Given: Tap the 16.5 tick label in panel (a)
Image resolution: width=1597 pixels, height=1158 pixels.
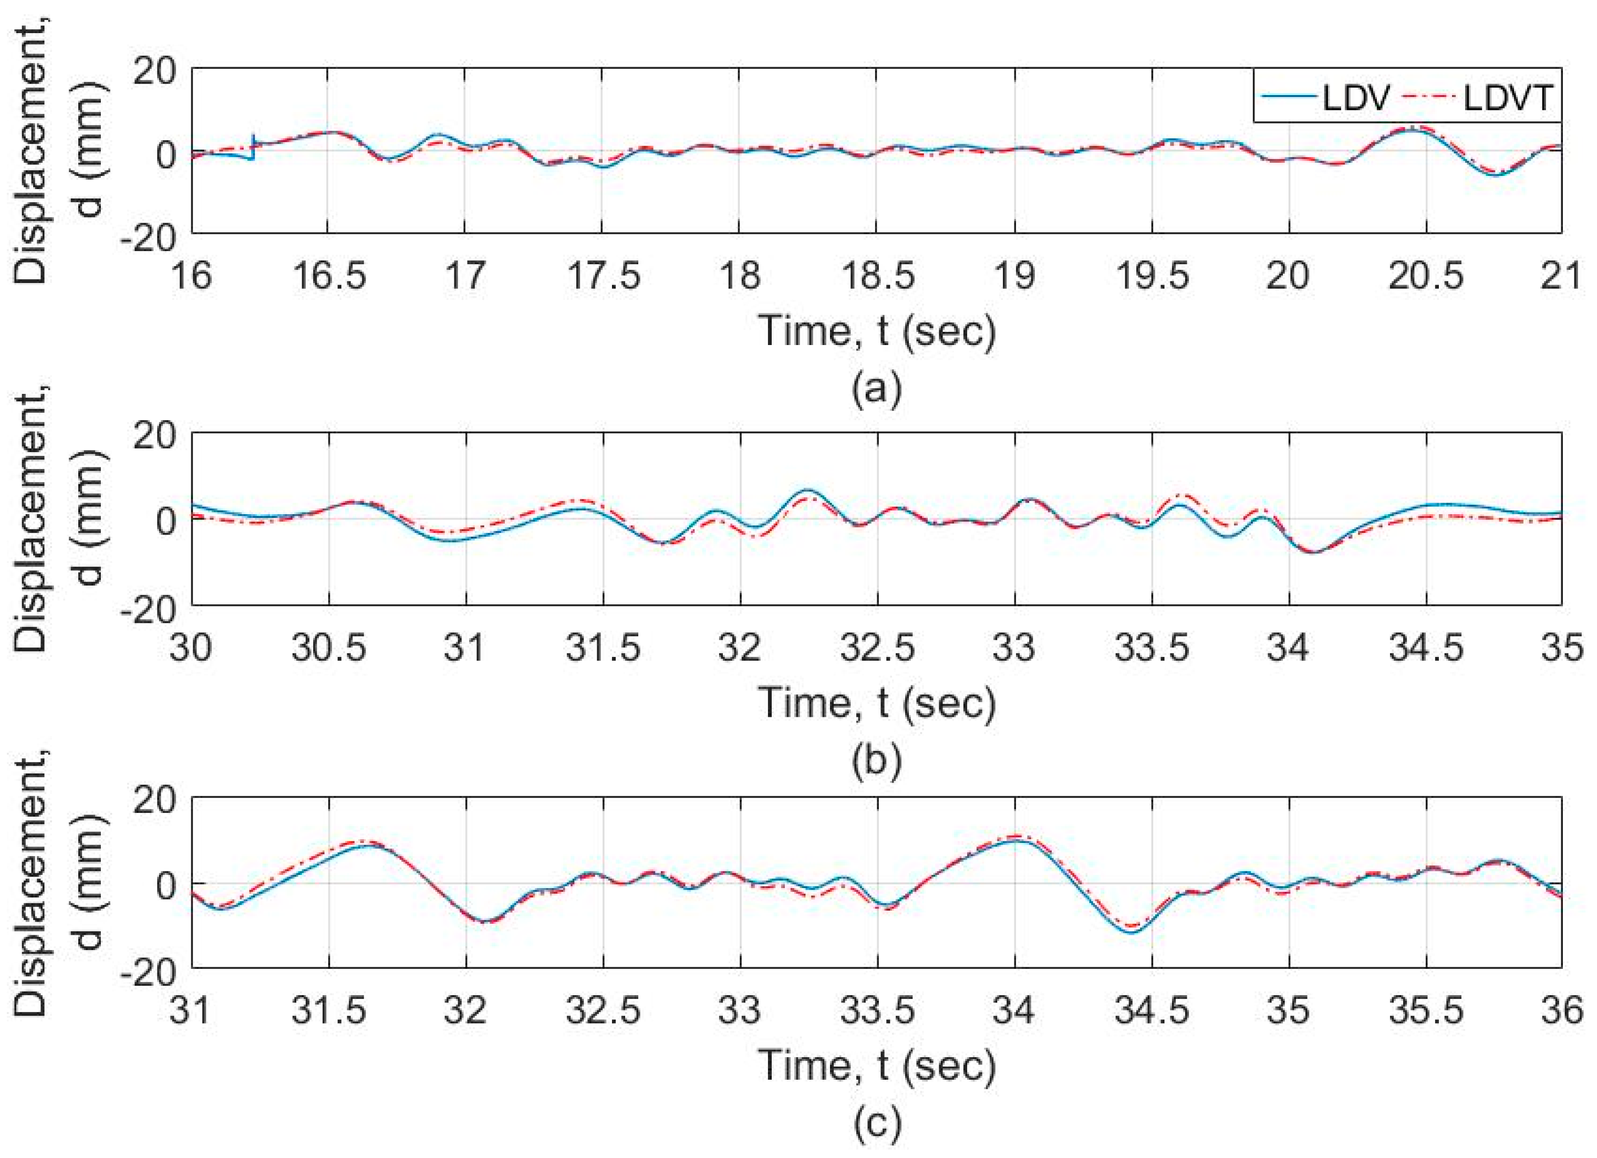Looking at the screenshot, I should (x=329, y=275).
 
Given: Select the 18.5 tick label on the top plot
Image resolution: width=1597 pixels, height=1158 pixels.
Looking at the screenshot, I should (x=878, y=275).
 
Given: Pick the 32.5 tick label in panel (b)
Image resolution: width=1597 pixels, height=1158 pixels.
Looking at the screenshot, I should (x=878, y=647).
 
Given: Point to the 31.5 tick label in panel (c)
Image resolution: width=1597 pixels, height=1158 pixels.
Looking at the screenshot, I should (x=329, y=1011).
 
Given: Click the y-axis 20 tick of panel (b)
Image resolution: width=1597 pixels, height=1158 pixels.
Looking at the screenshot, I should (x=153, y=437).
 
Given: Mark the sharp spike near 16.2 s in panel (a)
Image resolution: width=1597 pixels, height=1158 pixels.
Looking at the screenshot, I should (x=253, y=144).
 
